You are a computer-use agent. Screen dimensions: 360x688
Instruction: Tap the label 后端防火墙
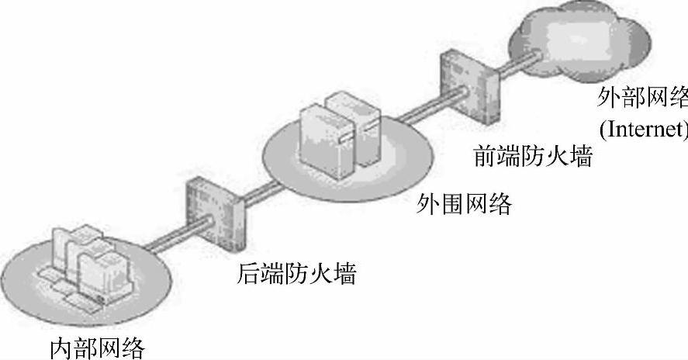pos(295,274)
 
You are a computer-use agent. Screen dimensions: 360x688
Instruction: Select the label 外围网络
pos(464,204)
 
